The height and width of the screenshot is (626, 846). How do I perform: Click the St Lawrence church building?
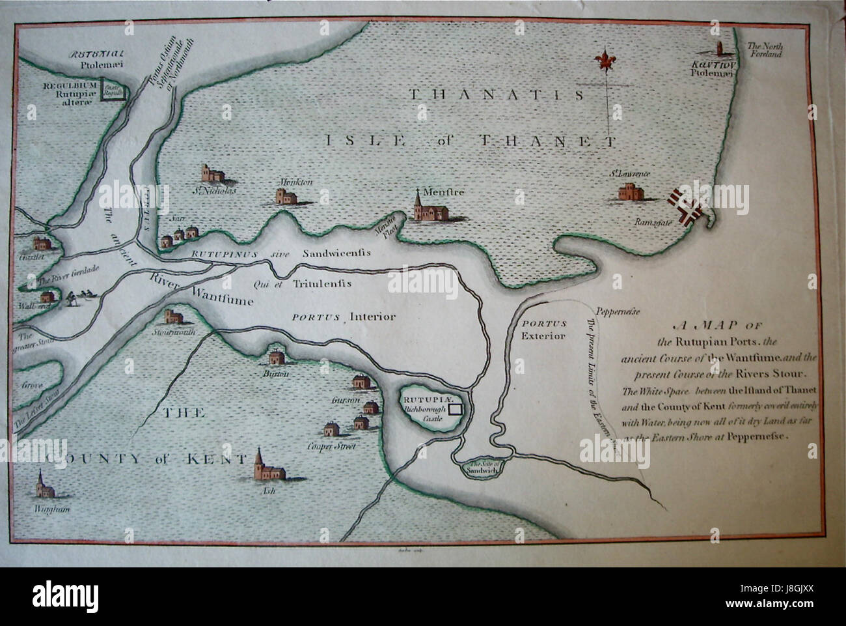[x=629, y=191]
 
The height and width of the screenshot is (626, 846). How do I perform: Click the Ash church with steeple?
[x=264, y=467]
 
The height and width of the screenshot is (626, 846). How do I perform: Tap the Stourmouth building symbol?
[x=174, y=319]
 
